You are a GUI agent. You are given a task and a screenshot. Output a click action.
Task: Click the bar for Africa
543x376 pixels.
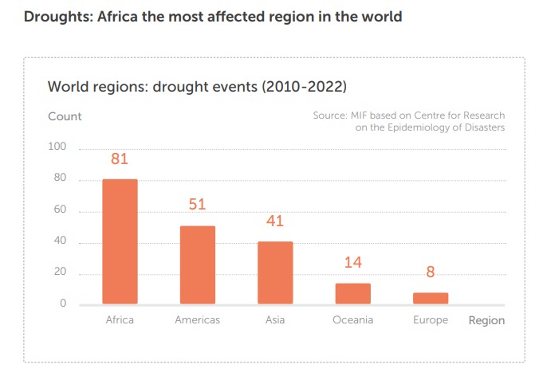120,241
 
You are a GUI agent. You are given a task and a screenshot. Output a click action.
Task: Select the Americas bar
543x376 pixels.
197,264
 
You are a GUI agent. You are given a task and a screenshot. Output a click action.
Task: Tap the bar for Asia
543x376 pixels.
275,272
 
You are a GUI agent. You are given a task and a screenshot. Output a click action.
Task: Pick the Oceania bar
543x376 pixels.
352,293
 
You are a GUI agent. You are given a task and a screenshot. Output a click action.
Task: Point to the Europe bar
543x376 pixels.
431,298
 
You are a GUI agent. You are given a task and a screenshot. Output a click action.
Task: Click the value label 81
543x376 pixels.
120,159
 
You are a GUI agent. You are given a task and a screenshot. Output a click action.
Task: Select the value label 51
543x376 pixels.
197,205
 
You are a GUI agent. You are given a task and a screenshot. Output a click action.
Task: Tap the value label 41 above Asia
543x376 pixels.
275,221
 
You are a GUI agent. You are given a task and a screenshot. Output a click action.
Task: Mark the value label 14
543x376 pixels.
352,263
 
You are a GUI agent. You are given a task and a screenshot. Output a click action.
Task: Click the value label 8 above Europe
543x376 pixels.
431,272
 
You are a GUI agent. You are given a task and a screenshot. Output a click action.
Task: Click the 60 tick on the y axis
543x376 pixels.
60,211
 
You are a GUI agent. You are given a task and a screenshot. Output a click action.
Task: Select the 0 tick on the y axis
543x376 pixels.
62,304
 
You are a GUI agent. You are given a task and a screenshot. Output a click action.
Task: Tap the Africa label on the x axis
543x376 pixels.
120,320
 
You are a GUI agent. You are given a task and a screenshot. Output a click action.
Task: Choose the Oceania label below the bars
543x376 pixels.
352,320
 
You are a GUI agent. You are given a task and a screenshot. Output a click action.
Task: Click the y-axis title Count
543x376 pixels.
65,116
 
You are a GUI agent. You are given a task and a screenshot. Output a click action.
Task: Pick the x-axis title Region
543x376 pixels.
486,320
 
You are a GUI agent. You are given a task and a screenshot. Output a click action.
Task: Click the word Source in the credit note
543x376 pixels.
329,116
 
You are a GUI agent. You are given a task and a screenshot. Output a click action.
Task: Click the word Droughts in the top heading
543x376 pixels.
57,17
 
